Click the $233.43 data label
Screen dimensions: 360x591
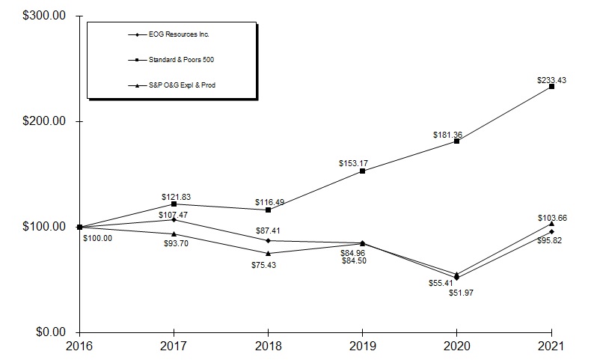tap(552, 79)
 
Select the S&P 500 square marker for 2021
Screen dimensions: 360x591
tap(551, 86)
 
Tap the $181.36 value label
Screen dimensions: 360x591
tap(447, 135)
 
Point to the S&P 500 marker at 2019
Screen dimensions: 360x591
tap(363, 171)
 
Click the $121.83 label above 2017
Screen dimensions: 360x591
tap(177, 197)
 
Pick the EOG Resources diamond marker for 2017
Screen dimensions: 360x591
tap(174, 219)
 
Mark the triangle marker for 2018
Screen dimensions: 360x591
tap(269, 253)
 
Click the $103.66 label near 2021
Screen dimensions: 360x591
tap(551, 217)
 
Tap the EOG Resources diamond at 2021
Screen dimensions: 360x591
tap(551, 231)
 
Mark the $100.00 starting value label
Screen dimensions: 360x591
tap(97, 237)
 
